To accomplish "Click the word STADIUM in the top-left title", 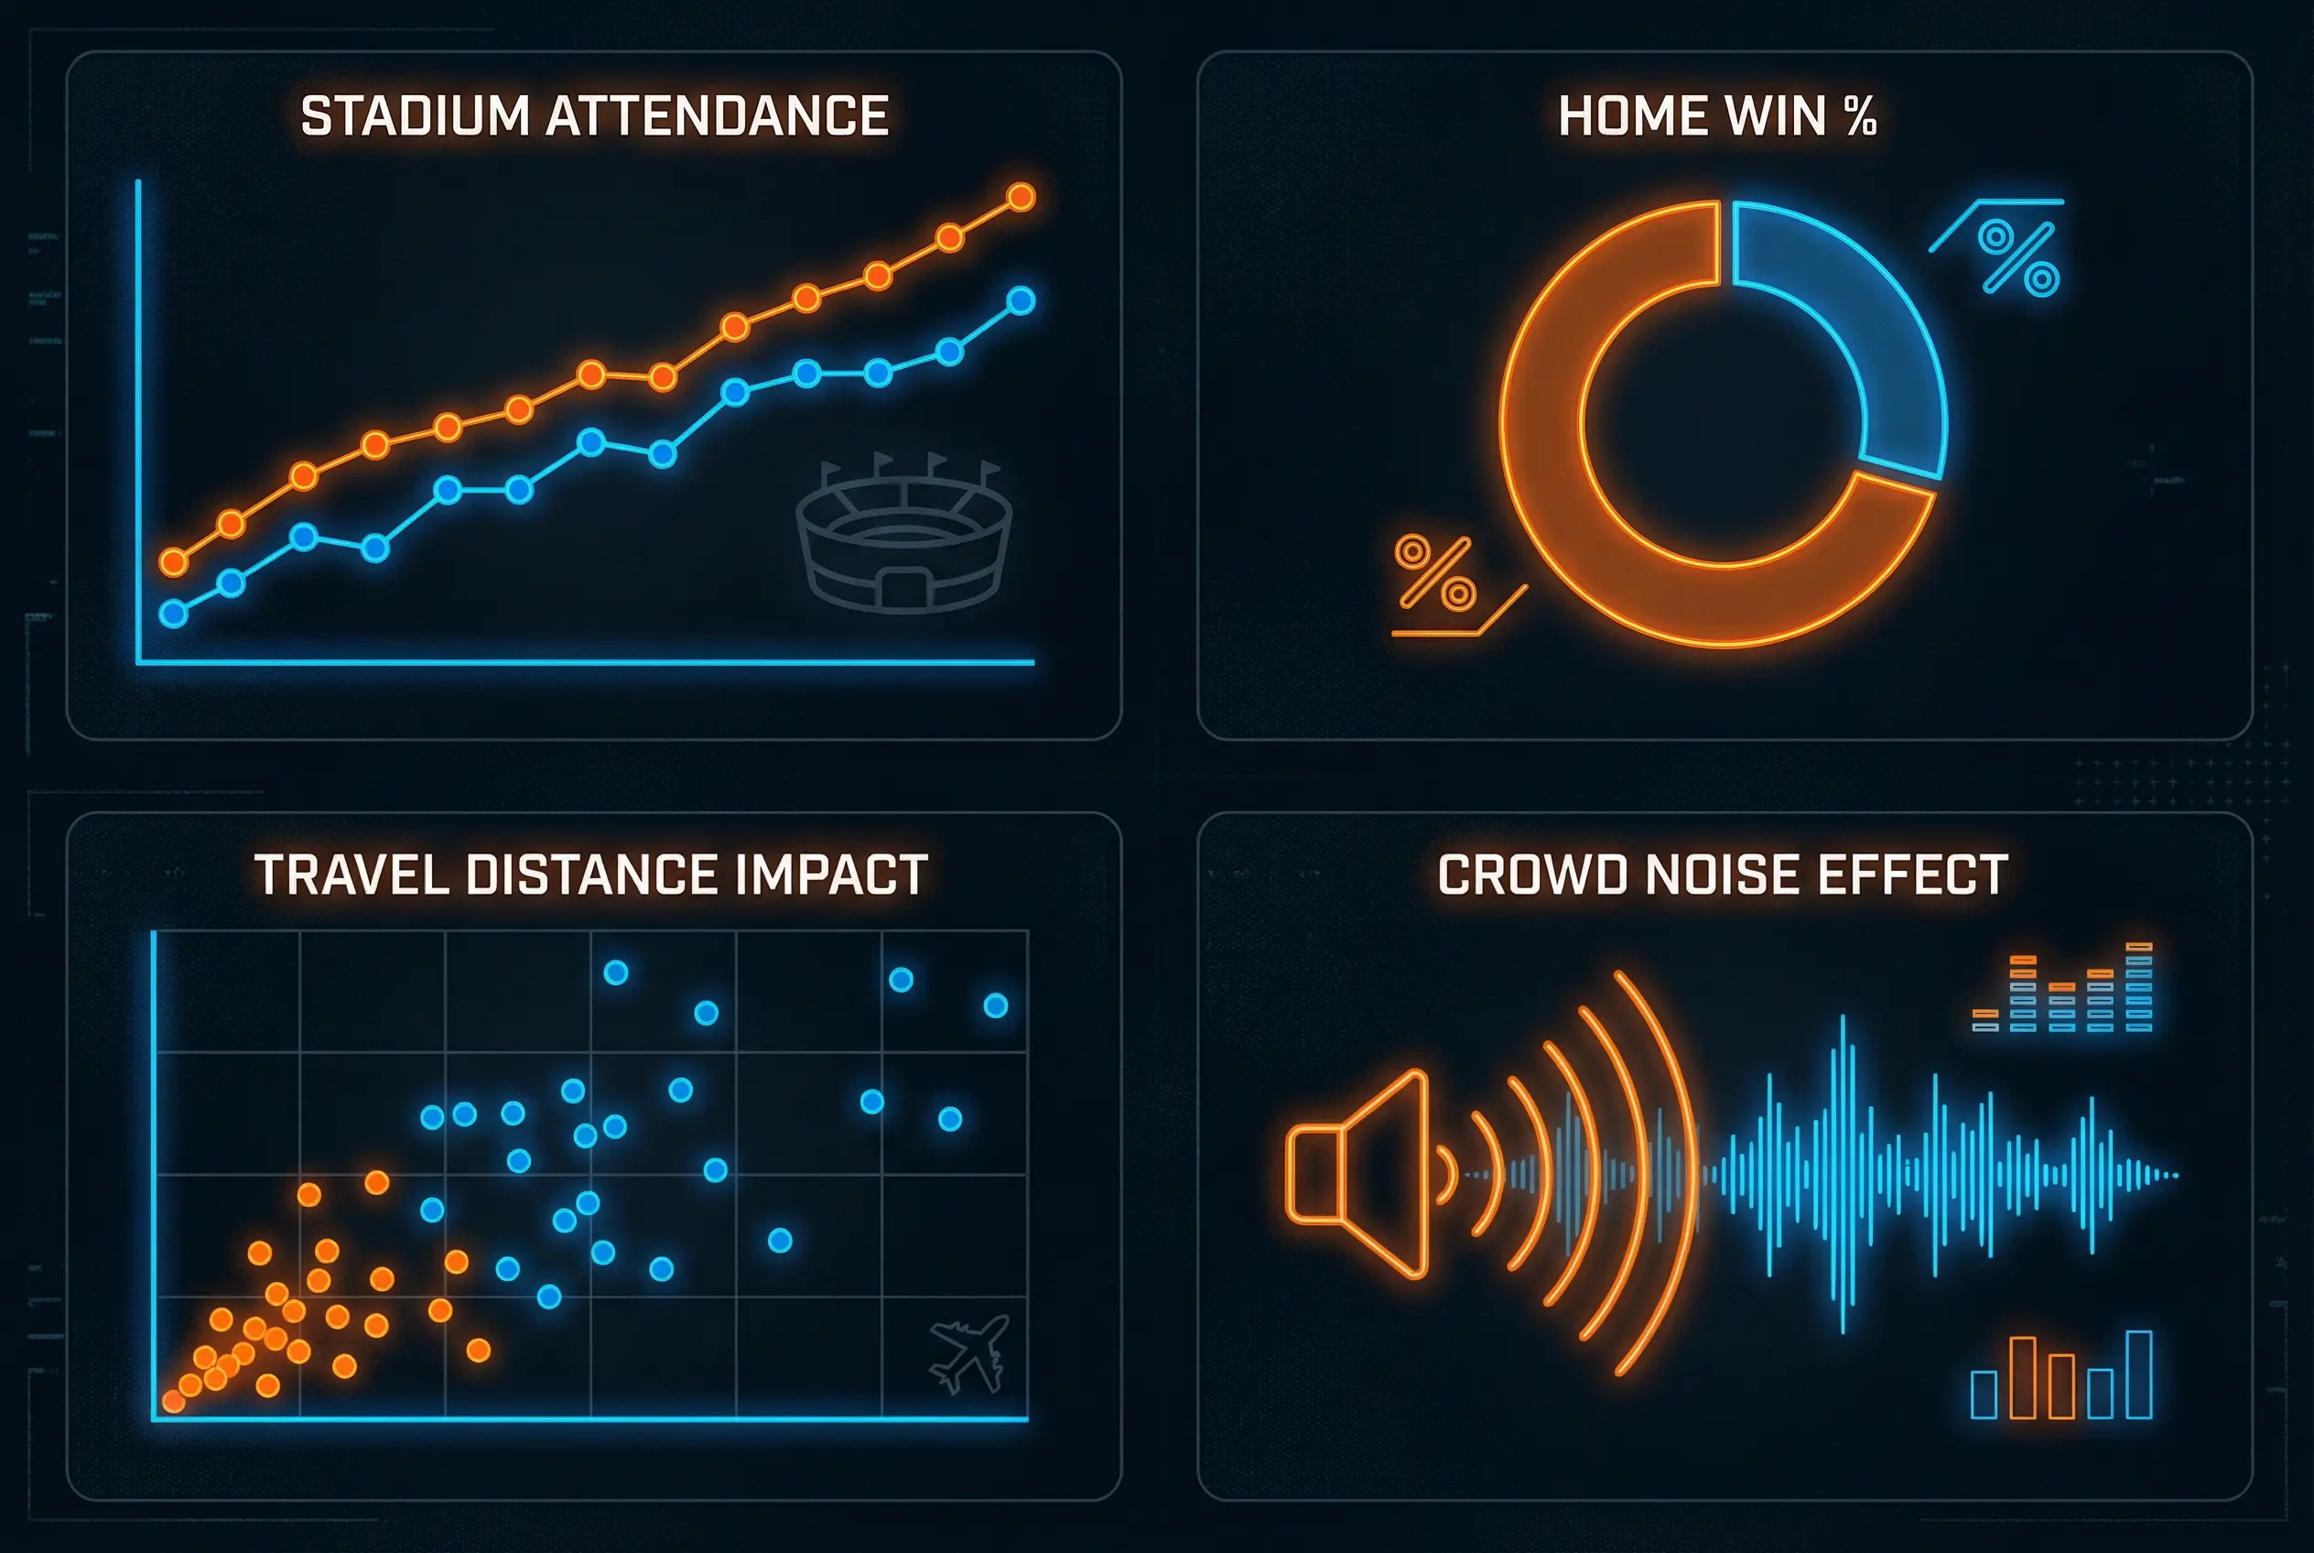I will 415,116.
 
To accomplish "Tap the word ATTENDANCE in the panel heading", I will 717,116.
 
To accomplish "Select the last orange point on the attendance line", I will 1021,197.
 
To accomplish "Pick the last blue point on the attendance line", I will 1021,300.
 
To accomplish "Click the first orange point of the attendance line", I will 173,562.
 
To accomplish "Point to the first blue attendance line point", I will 173,614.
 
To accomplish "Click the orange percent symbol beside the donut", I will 1434,573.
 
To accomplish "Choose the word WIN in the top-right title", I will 1776,116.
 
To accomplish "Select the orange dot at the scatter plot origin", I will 173,1400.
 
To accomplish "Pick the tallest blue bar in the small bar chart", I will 2139,1374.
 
